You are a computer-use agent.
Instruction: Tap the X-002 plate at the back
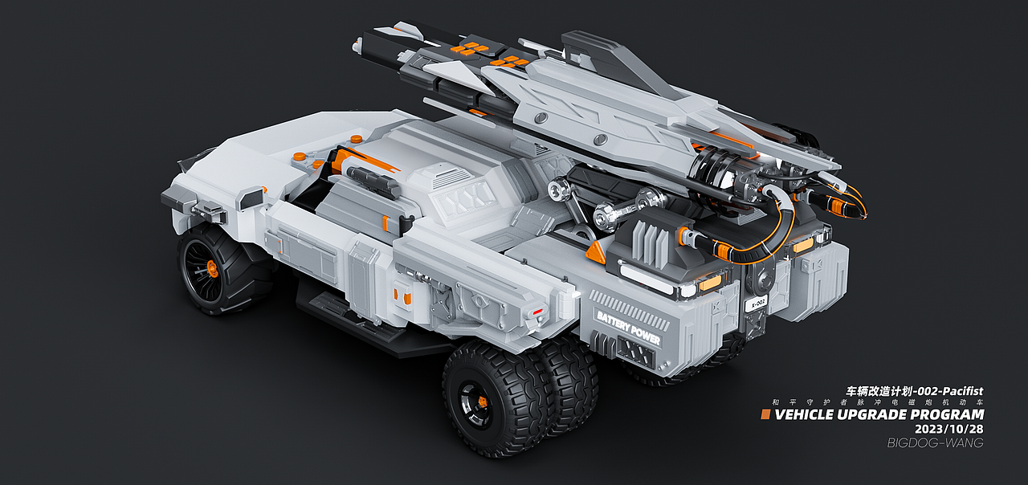[x=756, y=304]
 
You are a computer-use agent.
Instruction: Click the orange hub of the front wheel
[x=212, y=268]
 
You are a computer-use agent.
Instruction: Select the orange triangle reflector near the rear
[x=597, y=253]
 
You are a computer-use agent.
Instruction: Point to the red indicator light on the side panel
[x=537, y=312]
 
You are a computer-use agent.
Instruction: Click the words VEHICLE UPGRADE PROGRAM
[x=879, y=415]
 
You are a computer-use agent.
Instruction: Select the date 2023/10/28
[x=949, y=429]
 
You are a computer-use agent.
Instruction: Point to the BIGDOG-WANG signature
[x=936, y=442]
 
